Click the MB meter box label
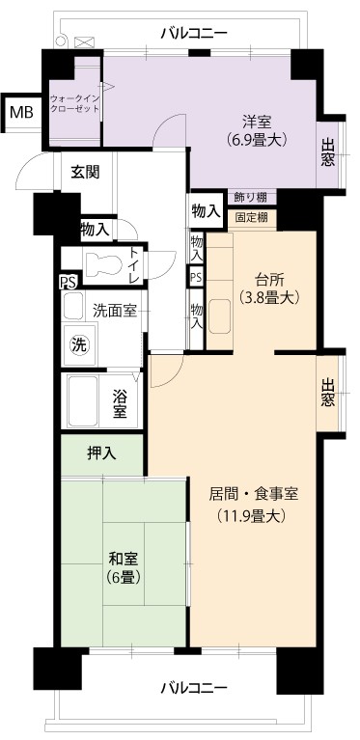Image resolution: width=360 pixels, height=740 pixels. click(x=21, y=113)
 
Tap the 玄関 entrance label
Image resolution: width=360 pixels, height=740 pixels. click(x=85, y=173)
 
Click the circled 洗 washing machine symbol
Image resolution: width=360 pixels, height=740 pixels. click(x=79, y=345)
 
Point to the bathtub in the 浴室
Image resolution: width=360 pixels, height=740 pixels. click(x=83, y=401)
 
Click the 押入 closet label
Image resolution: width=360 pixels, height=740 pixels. click(x=101, y=454)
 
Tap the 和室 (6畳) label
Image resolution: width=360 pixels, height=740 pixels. click(x=124, y=568)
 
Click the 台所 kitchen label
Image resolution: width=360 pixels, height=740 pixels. click(x=268, y=281)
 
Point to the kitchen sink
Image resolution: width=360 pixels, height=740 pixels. click(x=220, y=316)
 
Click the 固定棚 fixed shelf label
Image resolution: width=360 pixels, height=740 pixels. click(x=252, y=218)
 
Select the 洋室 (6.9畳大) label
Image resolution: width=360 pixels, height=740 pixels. click(x=257, y=130)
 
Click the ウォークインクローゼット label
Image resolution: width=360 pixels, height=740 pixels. click(x=75, y=104)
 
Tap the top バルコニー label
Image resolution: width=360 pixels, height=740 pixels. click(x=194, y=33)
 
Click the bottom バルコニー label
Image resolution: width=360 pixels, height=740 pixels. click(x=194, y=687)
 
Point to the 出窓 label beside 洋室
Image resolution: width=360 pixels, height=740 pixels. click(x=328, y=152)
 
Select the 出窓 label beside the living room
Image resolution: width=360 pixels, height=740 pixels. click(x=328, y=393)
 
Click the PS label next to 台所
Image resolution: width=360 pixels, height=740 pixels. click(x=196, y=277)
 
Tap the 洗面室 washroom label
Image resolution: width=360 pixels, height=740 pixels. click(x=115, y=311)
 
